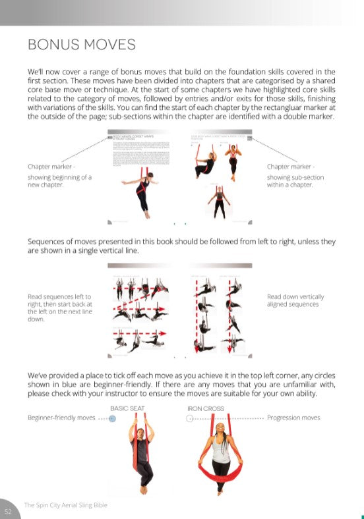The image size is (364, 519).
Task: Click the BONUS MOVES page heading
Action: pos(81,44)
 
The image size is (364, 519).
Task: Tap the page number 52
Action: pos(8,510)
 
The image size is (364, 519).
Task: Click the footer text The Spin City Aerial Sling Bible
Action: pos(66,505)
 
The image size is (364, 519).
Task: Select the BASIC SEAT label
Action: pos(127,408)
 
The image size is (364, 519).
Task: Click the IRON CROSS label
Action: pos(206,408)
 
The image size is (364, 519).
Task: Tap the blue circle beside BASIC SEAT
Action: pos(112,418)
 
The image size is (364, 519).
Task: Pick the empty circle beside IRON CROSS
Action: pos(190,418)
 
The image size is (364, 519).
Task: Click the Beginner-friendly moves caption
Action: pos(61,418)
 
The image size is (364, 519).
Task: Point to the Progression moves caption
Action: pos(293,418)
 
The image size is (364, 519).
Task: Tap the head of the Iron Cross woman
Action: pos(217,435)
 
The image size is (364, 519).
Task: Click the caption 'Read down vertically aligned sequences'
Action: pos(295,300)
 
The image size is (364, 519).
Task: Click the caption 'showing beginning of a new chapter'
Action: pos(59,181)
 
